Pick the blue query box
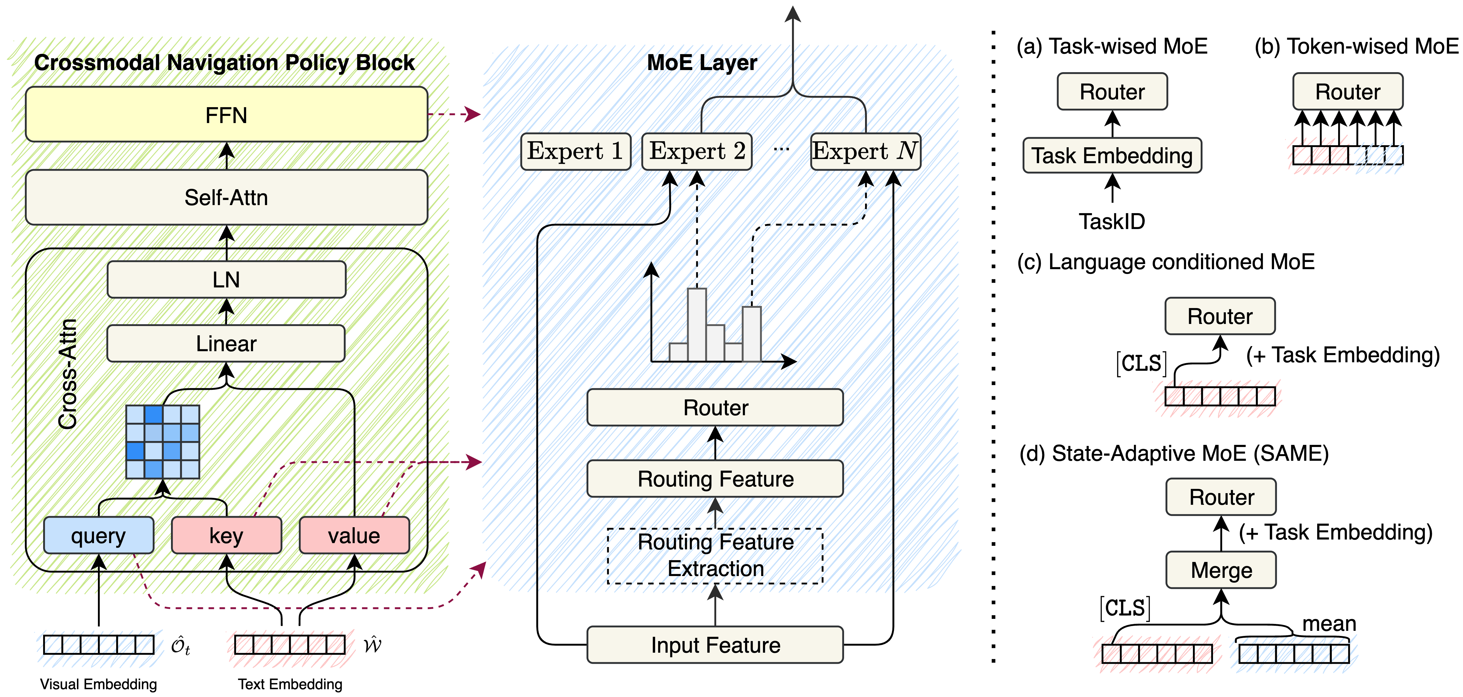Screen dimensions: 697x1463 click(x=98, y=535)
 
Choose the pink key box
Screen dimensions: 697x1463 click(x=226, y=535)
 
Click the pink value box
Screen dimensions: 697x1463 click(x=354, y=535)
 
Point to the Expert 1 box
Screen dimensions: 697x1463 click(x=575, y=151)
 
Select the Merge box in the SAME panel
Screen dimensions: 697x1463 click(x=1221, y=570)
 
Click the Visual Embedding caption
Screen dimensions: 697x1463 click(x=98, y=684)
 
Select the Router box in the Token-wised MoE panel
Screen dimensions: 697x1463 click(x=1348, y=91)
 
